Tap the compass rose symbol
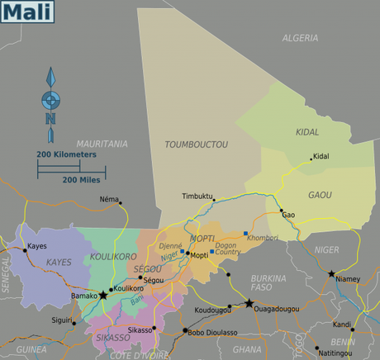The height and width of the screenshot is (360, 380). click(x=50, y=100)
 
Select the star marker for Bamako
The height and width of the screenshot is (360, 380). click(x=103, y=295)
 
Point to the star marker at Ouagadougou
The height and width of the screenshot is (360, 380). click(x=249, y=303)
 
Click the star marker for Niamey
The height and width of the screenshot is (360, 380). click(x=331, y=273)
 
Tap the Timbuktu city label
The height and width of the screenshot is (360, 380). click(x=197, y=197)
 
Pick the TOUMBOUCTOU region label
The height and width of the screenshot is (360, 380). click(x=197, y=144)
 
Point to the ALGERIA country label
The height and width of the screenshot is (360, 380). click(x=300, y=38)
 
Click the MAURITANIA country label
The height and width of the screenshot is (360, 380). click(x=102, y=144)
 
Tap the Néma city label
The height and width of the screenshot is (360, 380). click(x=108, y=199)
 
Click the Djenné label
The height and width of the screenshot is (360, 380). click(x=170, y=246)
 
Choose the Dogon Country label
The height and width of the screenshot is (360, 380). click(x=227, y=248)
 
